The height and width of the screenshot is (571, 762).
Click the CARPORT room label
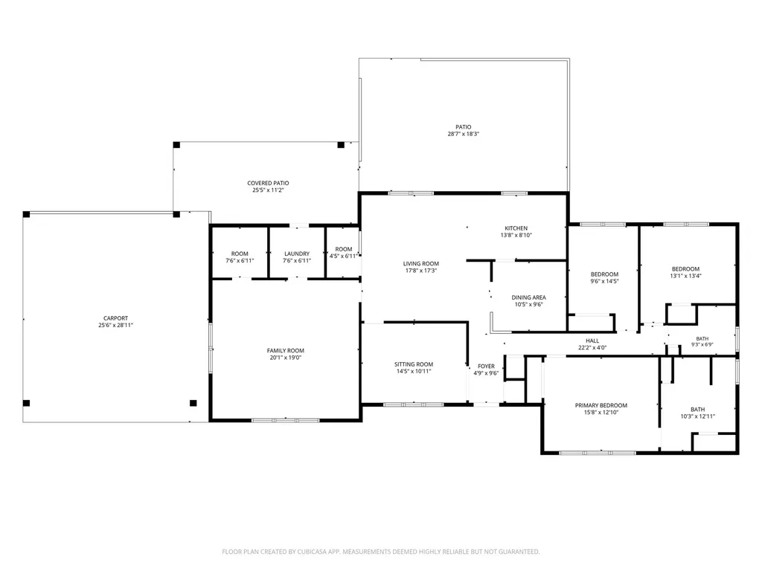(x=115, y=318)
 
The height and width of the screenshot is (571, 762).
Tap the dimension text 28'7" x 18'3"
(x=464, y=134)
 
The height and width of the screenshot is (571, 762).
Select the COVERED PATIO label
(x=268, y=183)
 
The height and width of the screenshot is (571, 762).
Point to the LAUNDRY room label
(x=297, y=254)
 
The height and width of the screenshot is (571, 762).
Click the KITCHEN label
(x=516, y=228)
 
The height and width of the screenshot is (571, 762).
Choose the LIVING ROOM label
(x=421, y=264)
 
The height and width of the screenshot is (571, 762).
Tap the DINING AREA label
(x=529, y=297)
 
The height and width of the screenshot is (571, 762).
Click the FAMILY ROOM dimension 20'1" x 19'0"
(x=286, y=358)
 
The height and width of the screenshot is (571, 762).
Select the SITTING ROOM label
(x=414, y=364)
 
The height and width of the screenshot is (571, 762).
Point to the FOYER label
(x=486, y=367)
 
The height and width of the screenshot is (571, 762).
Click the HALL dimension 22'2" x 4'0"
(x=592, y=348)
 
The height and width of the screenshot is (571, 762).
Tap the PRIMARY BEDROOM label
(x=601, y=405)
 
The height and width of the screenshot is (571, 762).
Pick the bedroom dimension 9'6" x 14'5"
(x=604, y=281)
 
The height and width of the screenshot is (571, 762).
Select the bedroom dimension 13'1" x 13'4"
(x=685, y=276)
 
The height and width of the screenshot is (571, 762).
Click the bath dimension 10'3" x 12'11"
(x=698, y=416)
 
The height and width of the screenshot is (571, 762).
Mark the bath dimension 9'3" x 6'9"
(x=702, y=345)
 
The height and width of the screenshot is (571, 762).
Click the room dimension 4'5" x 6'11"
(x=344, y=256)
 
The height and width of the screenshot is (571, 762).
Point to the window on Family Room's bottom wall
(x=285, y=420)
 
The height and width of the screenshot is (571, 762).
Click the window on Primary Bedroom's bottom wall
(x=598, y=453)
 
